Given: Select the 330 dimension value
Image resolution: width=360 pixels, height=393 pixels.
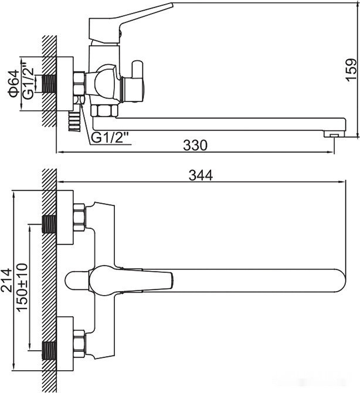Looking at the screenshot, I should click(x=195, y=145).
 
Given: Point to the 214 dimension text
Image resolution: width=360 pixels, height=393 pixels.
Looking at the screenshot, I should click(x=7, y=280).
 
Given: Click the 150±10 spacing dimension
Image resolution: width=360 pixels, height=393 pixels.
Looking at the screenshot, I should click(x=22, y=287).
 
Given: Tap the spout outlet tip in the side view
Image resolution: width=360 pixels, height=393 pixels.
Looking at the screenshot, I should click(x=332, y=135).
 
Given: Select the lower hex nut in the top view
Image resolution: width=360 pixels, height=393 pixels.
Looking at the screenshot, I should click(x=79, y=344).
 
